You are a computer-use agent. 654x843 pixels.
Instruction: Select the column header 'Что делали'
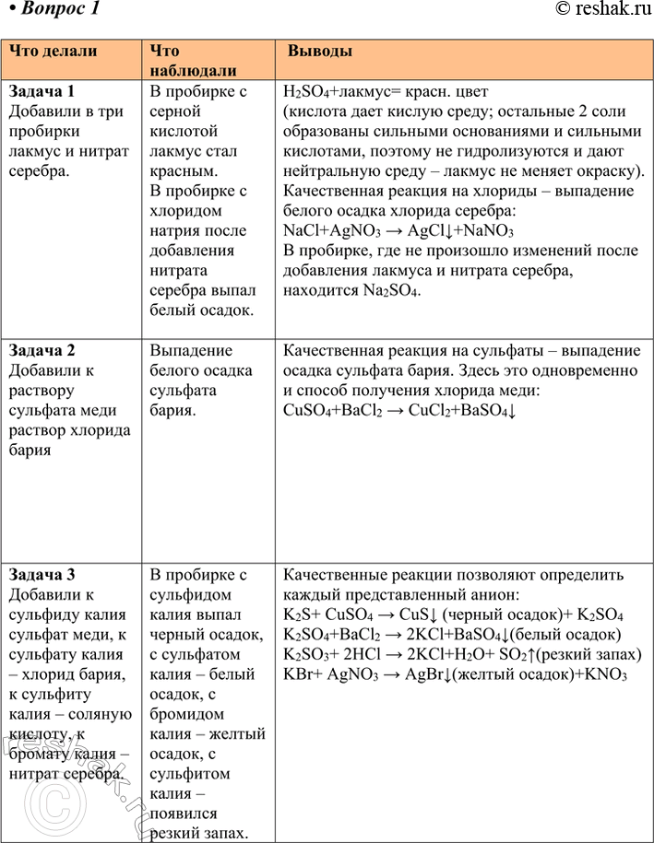click(54, 52)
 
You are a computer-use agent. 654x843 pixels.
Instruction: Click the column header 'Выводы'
click(320, 52)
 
